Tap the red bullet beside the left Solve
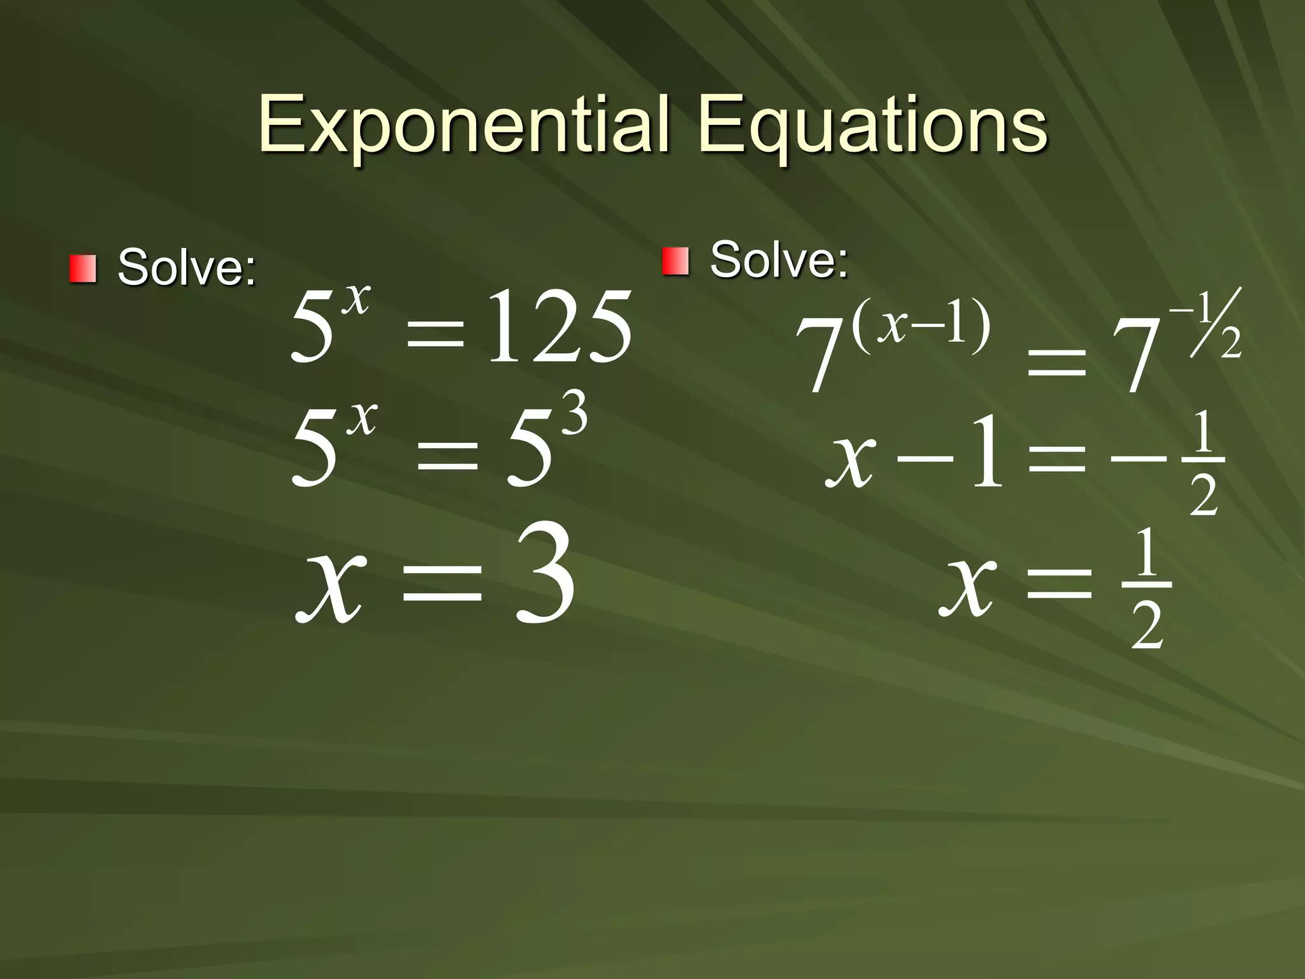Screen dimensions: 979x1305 (83, 268)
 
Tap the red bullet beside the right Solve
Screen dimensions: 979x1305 (675, 262)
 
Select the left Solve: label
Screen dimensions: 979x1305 (187, 268)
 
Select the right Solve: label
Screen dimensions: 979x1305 (779, 260)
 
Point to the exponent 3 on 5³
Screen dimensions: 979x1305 (572, 413)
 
